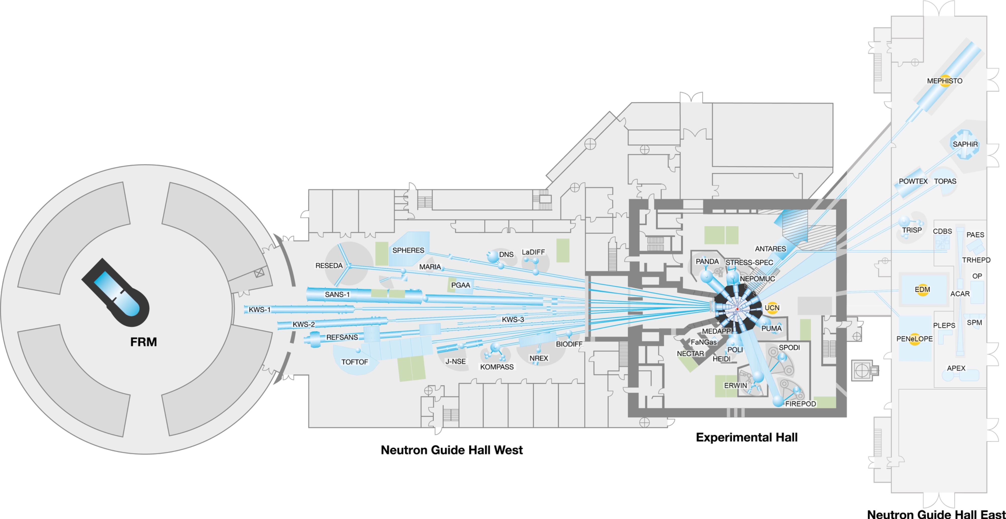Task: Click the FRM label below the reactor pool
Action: (143, 342)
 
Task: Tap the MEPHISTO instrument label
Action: (945, 81)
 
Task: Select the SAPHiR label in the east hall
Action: (965, 144)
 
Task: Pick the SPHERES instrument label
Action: (408, 250)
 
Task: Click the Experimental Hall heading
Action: (746, 437)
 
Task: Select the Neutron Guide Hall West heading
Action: (451, 450)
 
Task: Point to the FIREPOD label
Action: (801, 403)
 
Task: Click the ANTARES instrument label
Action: (770, 249)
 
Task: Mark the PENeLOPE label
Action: (914, 339)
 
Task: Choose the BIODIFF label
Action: (569, 344)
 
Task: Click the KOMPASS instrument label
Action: (497, 367)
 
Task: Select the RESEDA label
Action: (329, 265)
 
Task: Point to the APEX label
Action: (956, 368)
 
